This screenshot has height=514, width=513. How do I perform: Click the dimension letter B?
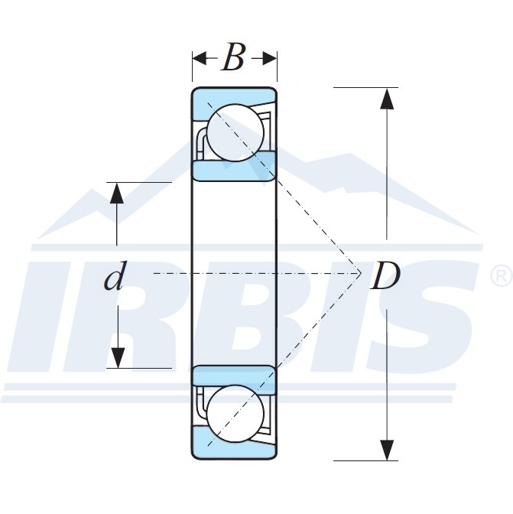[x=233, y=58]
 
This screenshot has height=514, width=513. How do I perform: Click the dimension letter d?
[x=114, y=278]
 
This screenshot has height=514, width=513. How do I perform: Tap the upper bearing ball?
[x=235, y=131]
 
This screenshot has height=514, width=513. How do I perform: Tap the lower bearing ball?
[x=235, y=413]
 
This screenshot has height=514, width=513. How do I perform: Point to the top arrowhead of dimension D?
[x=388, y=99]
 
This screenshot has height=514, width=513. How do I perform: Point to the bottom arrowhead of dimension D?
[x=388, y=451]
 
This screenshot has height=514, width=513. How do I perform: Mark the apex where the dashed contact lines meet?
[x=361, y=272]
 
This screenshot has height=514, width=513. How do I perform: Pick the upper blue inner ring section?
[x=233, y=167]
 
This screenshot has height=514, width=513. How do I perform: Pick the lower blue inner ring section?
[x=233, y=376]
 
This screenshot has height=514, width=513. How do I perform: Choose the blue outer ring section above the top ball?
[x=229, y=96]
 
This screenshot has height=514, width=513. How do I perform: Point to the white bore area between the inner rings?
[x=233, y=229]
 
